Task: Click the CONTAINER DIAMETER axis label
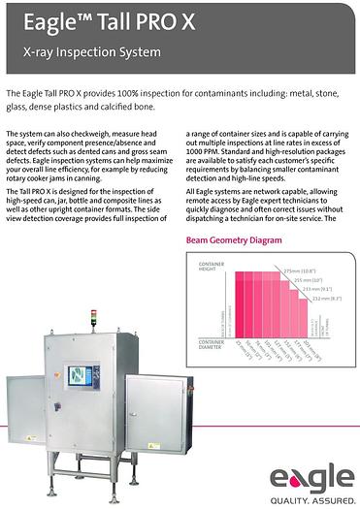point(211,344)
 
